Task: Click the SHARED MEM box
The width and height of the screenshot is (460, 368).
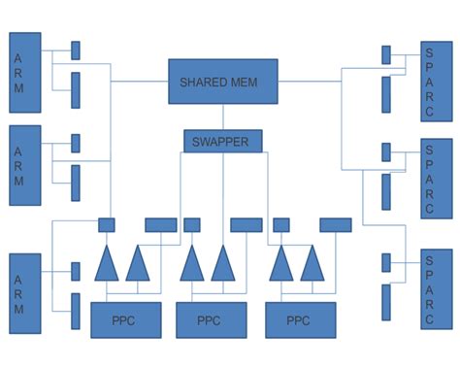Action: point(223,82)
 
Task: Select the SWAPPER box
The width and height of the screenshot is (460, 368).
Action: point(223,141)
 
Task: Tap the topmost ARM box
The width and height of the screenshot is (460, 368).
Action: point(25,72)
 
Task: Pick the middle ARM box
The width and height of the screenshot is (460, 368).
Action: point(25,165)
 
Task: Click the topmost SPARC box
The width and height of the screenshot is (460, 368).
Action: point(436,82)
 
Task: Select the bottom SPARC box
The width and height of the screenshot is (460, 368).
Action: point(436,289)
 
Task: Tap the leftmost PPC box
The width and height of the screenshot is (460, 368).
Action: point(126,319)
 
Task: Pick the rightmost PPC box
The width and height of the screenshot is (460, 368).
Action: point(300,319)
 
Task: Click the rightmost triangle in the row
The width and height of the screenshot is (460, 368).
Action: point(312,264)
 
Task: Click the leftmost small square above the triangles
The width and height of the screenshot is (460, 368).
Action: point(107,225)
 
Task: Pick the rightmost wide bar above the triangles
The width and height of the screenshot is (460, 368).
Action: point(336,225)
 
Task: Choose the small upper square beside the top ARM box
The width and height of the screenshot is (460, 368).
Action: point(76,50)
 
